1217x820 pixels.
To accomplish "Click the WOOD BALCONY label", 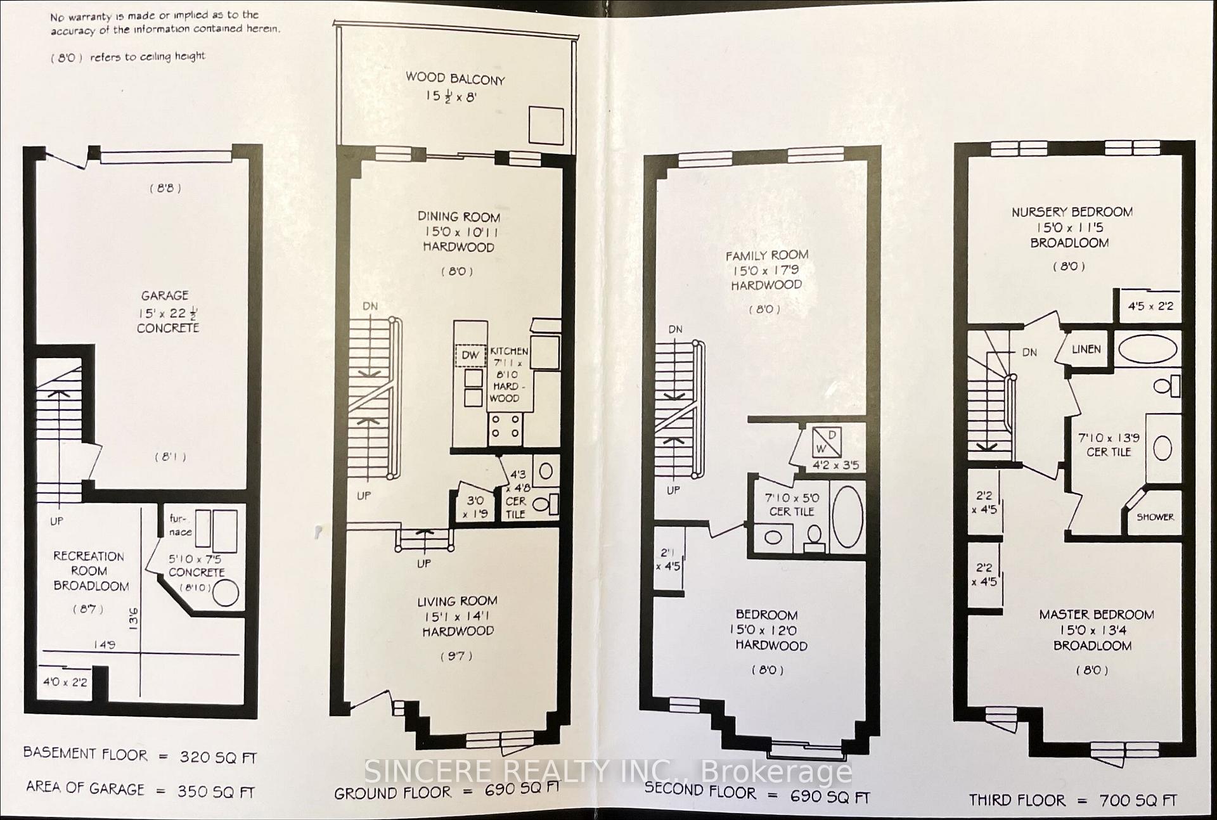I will coord(455,79).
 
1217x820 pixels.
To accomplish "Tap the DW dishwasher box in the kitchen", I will coord(470,356).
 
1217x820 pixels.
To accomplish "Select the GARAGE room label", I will coord(165,296).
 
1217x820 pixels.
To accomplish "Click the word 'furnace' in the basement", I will coord(180,525).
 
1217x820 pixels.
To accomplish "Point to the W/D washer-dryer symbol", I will coord(827,442).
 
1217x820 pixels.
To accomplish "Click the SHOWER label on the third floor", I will coord(1155,517).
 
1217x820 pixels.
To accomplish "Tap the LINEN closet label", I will coord(1086,349).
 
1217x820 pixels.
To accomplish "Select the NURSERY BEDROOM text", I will coord(1072,212).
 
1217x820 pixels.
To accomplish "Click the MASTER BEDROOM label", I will coord(1096,615).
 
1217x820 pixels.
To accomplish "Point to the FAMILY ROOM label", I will coord(767,255).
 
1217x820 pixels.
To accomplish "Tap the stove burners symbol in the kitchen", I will coord(506,426).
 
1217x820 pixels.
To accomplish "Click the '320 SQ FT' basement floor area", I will coord(218,757).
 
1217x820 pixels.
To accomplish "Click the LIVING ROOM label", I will coord(457,601).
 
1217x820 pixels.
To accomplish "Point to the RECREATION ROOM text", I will coord(89,570).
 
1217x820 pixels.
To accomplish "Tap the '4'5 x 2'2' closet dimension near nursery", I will coord(1150,307).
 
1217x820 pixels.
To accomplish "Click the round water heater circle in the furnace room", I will coord(226,593).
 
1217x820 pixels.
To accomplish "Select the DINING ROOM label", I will coord(458,217).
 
